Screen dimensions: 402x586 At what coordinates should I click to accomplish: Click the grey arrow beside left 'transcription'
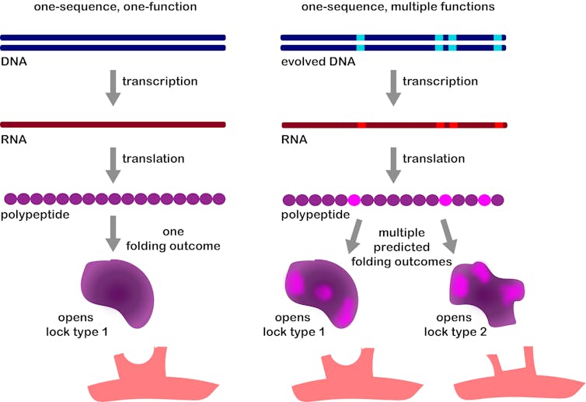113,86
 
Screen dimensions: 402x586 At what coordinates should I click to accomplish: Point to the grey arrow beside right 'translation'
394,163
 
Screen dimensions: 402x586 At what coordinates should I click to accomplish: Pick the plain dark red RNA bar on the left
113,124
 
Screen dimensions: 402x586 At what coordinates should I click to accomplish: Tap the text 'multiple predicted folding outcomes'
415,247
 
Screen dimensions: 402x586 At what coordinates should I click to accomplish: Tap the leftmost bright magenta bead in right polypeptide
354,200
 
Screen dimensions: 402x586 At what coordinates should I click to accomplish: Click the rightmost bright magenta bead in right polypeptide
484,200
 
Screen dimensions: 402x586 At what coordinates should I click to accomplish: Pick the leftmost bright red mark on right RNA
361,124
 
